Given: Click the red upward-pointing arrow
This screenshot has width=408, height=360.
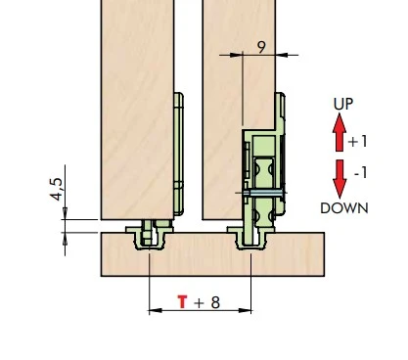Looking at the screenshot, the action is coord(340,132).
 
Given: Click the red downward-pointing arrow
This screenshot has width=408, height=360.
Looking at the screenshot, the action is coord(340,179).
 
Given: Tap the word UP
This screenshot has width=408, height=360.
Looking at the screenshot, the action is coord(343,104).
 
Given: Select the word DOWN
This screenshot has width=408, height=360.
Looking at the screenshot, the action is coord(344,208).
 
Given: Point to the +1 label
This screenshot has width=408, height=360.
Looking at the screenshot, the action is coord(358,142).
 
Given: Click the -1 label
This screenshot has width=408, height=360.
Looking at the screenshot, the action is coord(361,173).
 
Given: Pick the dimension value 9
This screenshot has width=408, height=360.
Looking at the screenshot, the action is coord(261,47).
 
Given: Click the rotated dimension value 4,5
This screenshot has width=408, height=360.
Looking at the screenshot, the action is coord(56,189).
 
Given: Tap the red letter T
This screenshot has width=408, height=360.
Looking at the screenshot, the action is coord(182,301).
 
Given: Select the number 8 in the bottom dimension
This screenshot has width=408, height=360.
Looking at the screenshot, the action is coord(215,302).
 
